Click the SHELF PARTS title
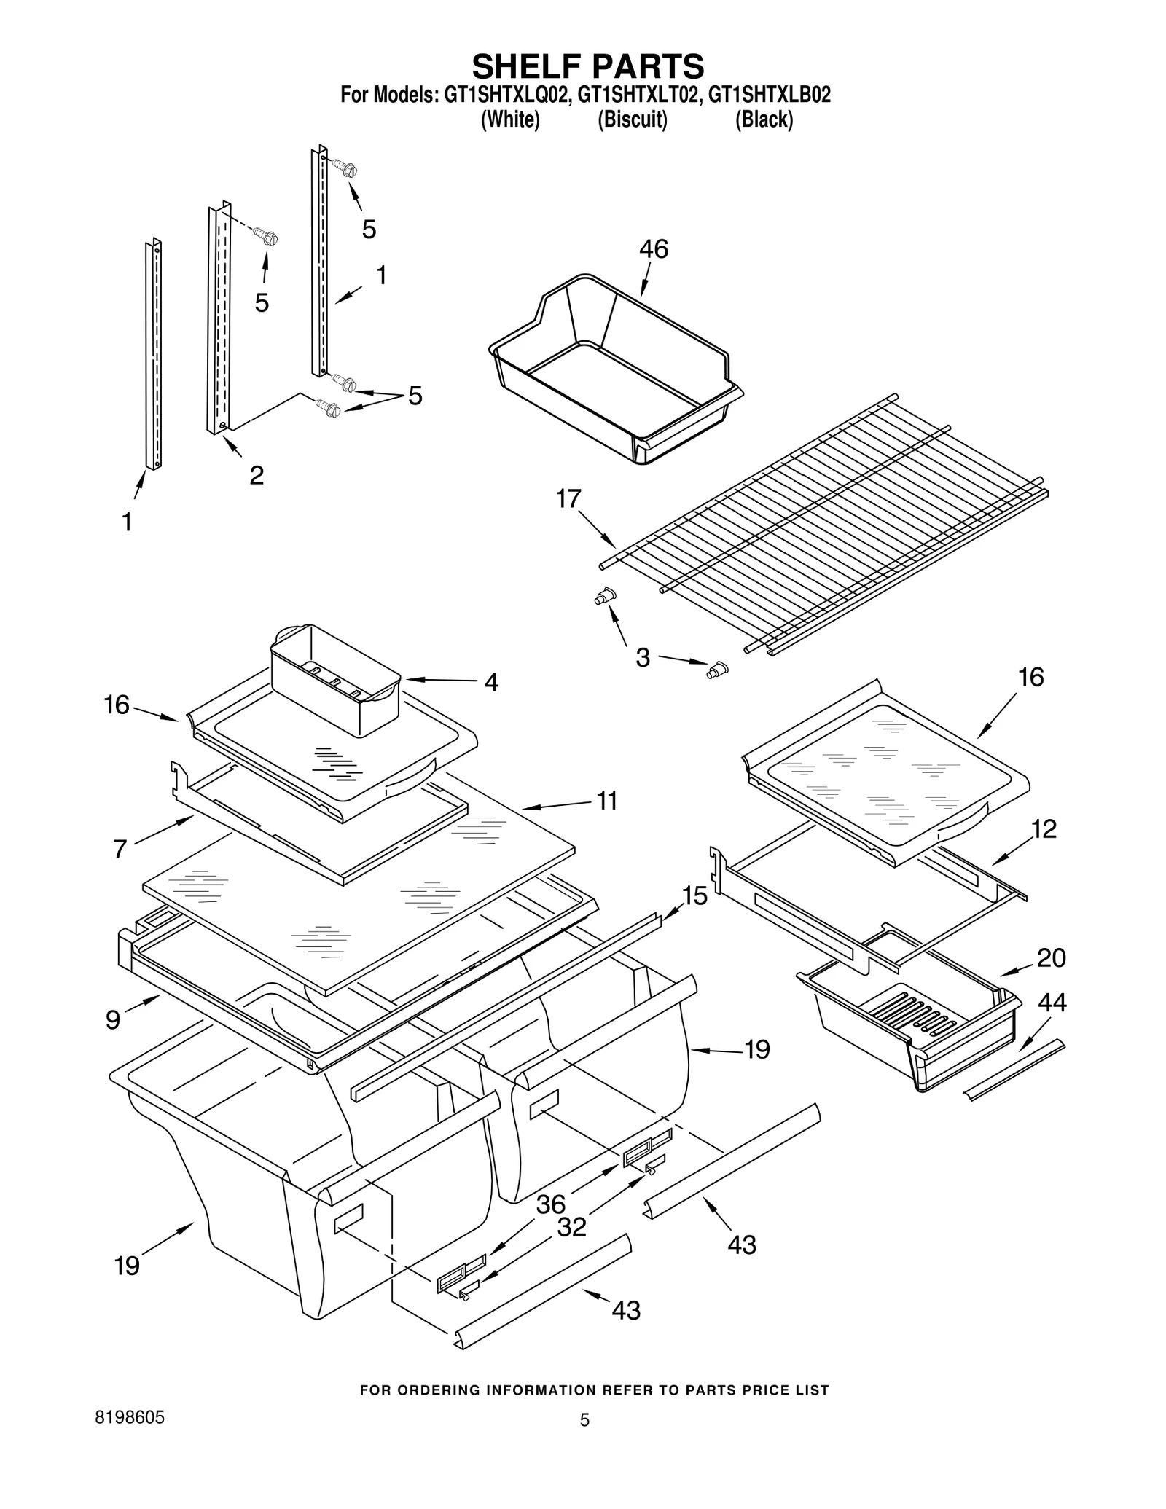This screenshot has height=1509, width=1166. [x=588, y=66]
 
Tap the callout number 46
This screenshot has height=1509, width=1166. [x=653, y=250]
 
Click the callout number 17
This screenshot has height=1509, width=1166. [x=568, y=499]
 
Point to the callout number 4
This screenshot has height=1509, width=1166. [x=491, y=683]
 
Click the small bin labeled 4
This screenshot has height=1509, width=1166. [x=335, y=670]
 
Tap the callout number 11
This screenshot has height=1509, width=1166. [x=607, y=801]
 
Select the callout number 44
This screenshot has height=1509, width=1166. [x=1052, y=1003]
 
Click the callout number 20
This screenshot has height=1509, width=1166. [x=1051, y=957]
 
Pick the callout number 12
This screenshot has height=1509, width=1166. [x=1044, y=829]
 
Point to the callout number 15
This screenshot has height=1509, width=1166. [x=694, y=896]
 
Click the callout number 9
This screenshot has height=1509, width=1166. [x=113, y=1020]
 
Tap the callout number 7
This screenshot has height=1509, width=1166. [x=120, y=849]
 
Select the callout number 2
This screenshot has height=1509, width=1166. [x=257, y=476]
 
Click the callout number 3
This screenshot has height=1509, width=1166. [x=642, y=658]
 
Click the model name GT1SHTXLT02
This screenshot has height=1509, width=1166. [x=632, y=95]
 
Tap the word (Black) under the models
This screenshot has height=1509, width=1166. [x=763, y=119]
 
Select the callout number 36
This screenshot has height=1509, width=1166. [x=550, y=1204]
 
